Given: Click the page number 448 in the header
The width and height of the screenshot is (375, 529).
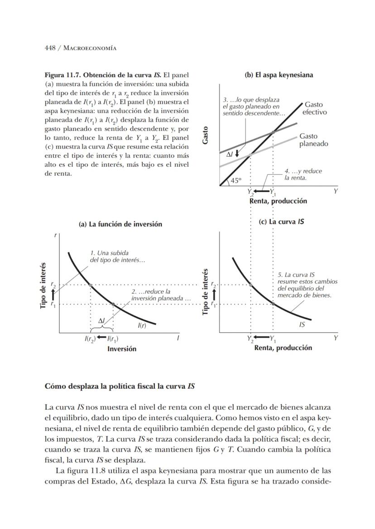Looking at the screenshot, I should [50, 48].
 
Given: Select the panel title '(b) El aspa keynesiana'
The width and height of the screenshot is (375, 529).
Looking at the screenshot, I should [279, 75].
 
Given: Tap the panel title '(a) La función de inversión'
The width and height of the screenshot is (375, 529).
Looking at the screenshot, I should [120, 224].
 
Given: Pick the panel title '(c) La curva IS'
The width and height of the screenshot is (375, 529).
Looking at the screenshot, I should [281, 222].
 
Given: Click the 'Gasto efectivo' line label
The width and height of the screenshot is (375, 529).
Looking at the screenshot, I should [314, 108].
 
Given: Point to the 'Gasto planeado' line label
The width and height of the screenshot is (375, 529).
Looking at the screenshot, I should [313, 139].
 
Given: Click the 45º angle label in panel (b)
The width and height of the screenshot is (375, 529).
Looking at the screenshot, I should [236, 180].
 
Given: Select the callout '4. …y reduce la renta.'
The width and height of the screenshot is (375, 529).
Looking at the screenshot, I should [303, 174].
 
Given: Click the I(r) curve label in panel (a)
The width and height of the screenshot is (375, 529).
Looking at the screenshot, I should [142, 325].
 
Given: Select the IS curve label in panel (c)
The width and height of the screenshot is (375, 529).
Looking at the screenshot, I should [302, 324].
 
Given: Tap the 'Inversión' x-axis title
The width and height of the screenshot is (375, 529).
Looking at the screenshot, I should [121, 349].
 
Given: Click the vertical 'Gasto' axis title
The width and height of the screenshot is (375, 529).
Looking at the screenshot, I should [206, 135].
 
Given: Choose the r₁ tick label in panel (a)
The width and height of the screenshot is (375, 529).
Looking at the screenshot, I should [53, 305].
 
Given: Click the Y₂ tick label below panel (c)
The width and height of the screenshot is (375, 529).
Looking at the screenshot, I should [250, 338].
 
